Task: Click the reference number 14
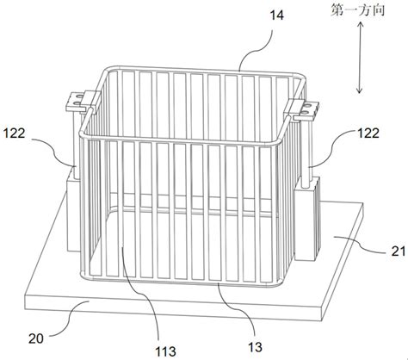tap(277, 16)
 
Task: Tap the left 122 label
tap(15, 133)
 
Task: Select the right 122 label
tap(368, 133)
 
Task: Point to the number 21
tap(399, 251)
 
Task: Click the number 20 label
tap(36, 338)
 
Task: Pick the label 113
tap(165, 351)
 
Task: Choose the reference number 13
tap(255, 347)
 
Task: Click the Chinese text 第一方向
tap(357, 10)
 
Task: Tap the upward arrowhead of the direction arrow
tap(360, 24)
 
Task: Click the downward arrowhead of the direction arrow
tap(359, 90)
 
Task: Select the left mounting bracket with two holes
tap(76, 102)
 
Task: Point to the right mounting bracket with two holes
tap(306, 110)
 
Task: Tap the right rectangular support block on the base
tap(307, 219)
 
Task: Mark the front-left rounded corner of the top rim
tap(83, 134)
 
